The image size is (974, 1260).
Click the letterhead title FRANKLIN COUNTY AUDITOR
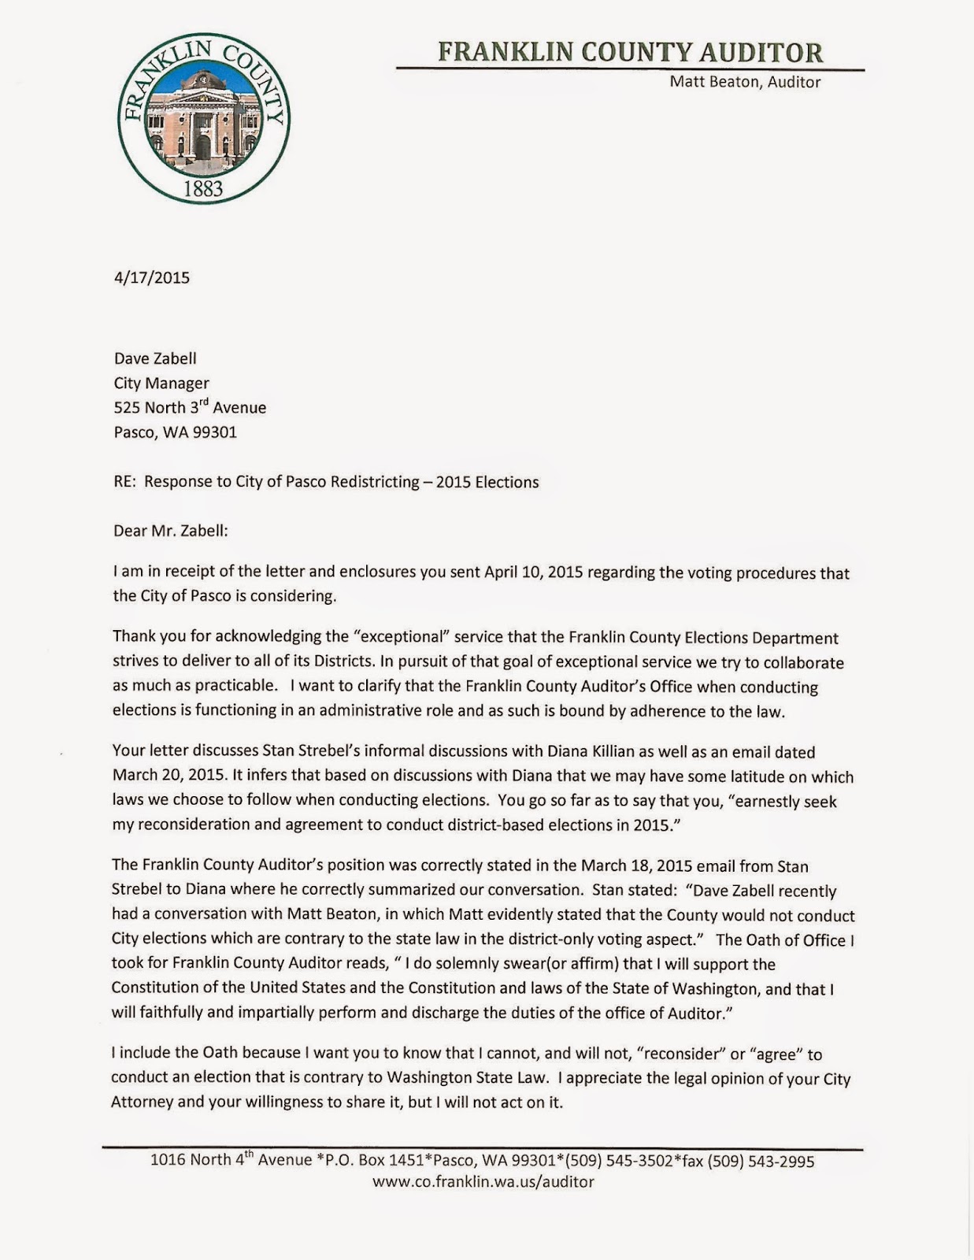[630, 52]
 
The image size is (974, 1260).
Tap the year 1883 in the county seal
[203, 189]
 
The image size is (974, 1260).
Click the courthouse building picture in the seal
[202, 119]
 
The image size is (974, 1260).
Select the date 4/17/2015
[151, 277]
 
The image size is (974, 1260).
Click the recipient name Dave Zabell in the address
[155, 358]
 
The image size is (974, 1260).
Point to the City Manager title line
[161, 384]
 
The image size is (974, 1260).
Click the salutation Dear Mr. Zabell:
[171, 531]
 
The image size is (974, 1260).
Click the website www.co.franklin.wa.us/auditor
[483, 1182]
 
